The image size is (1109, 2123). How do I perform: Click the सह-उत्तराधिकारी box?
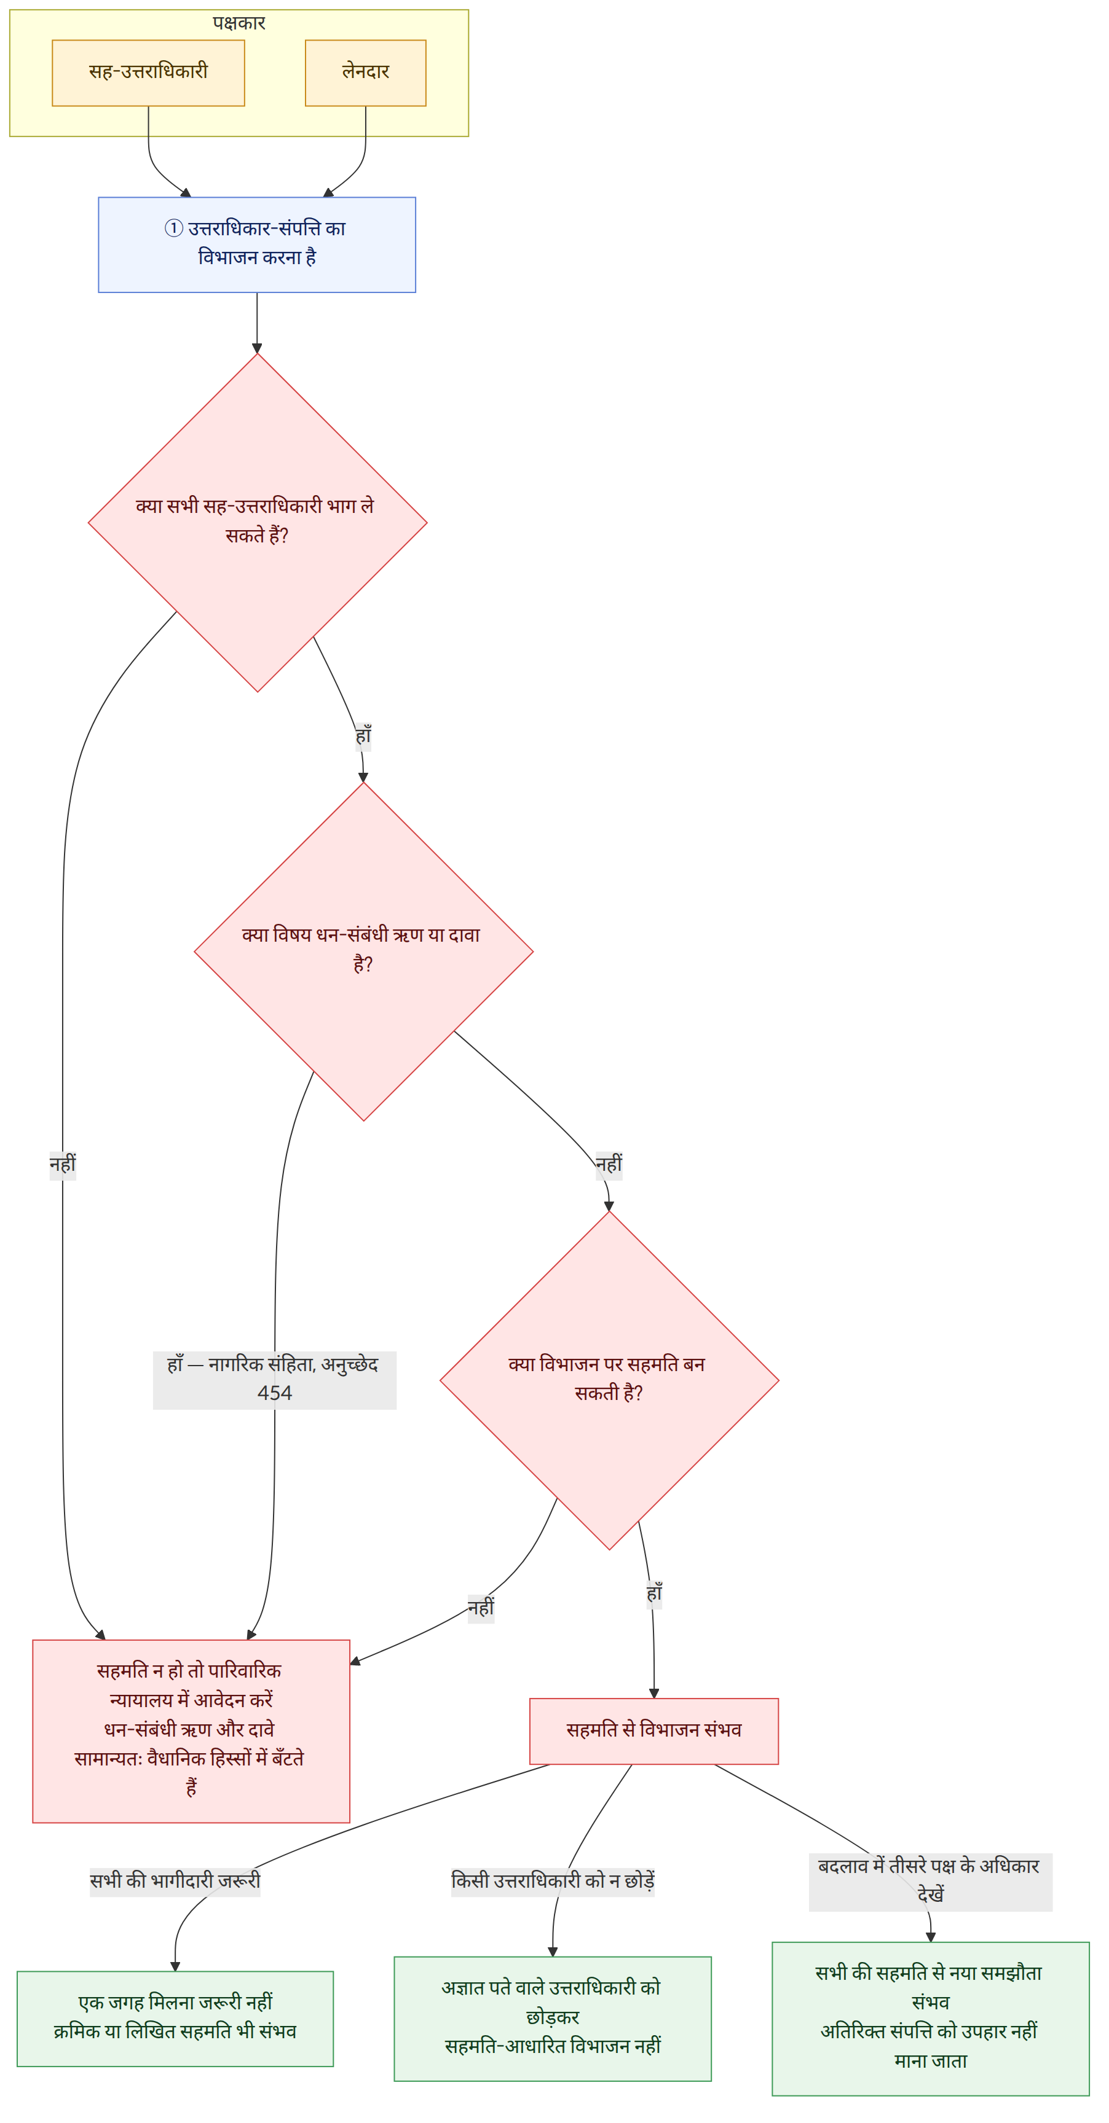148,72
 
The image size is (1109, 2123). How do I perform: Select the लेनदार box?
365,72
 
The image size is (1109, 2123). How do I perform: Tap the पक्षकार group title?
239,23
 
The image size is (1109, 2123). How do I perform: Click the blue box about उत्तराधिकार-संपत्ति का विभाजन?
256,244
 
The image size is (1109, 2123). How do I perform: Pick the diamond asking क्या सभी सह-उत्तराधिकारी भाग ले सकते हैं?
257,523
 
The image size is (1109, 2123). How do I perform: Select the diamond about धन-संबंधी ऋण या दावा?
363,951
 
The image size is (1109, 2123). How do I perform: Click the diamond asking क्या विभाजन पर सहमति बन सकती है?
609,1380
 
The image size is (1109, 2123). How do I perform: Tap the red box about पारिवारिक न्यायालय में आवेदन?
191,1730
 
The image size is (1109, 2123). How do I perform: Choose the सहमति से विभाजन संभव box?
654,1730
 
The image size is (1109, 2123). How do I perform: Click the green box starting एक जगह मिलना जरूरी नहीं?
175,2019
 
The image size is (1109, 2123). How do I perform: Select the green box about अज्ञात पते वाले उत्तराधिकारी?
553,2019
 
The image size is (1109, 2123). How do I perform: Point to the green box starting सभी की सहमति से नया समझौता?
930,2019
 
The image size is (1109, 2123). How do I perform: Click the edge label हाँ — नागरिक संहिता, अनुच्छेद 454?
275,1380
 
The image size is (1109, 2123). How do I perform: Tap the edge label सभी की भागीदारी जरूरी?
175,1882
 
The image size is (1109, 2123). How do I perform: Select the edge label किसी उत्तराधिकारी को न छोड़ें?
553,1882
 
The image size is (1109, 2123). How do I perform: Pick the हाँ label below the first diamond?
363,736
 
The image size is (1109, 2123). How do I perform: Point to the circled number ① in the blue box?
173,229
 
